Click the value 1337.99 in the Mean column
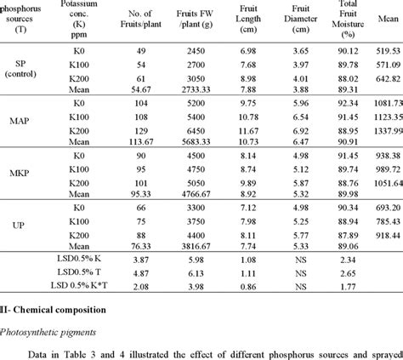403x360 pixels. pyautogui.click(x=377, y=133)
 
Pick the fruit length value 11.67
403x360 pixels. pyautogui.click(x=247, y=133)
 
